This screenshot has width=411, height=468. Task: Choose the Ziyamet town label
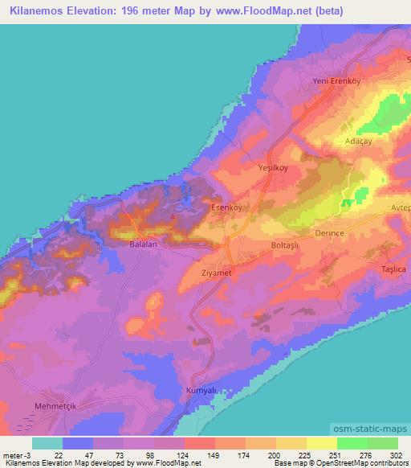(x=218, y=273)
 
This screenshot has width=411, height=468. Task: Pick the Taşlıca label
(x=394, y=269)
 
